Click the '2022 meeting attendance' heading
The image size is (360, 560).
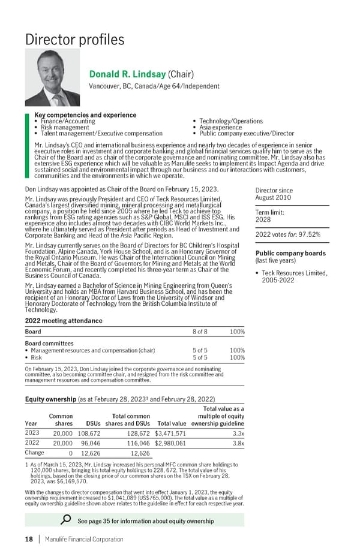point(63,321)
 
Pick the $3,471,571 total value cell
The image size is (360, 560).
point(170,433)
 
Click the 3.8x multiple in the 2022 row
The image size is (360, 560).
point(238,444)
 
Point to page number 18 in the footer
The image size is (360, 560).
point(29,539)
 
